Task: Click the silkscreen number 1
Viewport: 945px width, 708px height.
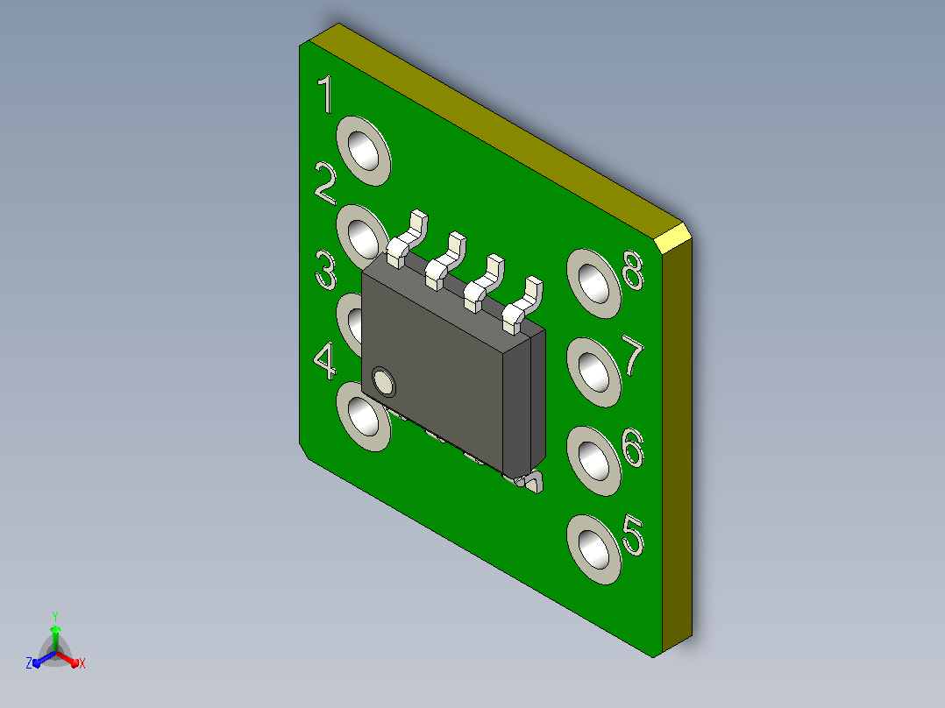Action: point(326,94)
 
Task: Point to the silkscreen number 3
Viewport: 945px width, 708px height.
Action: point(326,271)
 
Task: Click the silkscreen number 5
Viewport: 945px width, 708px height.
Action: point(633,535)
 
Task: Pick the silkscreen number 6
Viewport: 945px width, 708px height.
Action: point(633,448)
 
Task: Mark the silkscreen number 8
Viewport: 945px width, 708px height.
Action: point(634,269)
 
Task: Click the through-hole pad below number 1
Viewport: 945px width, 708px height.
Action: point(364,152)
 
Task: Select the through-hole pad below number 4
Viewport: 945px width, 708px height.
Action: point(364,416)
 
